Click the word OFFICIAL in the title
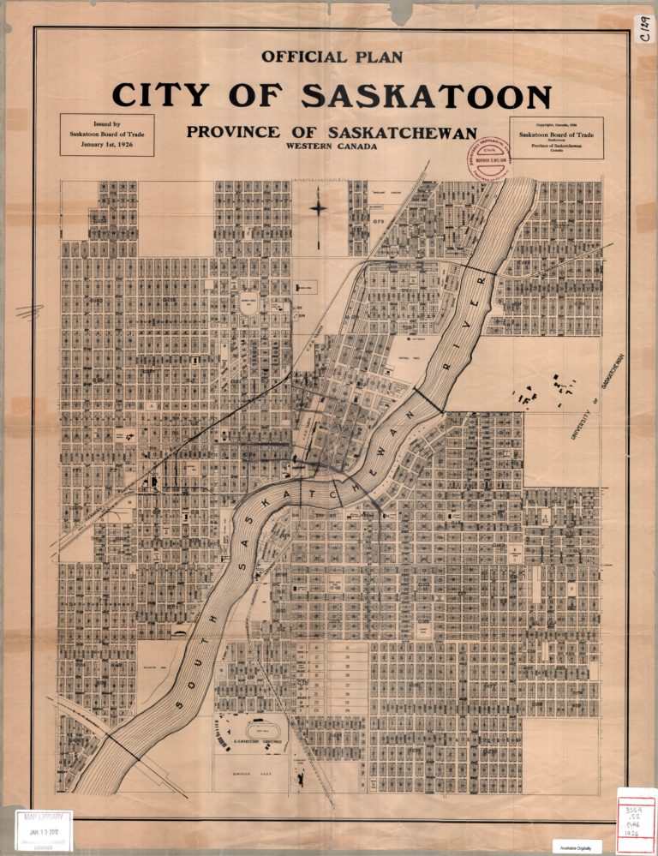pyautogui.click(x=305, y=57)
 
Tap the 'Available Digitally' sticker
pyautogui.click(x=576, y=846)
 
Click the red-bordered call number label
pyautogui.click(x=635, y=822)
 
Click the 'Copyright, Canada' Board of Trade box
pyautogui.click(x=556, y=138)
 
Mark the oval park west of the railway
pyautogui.click(x=248, y=305)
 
